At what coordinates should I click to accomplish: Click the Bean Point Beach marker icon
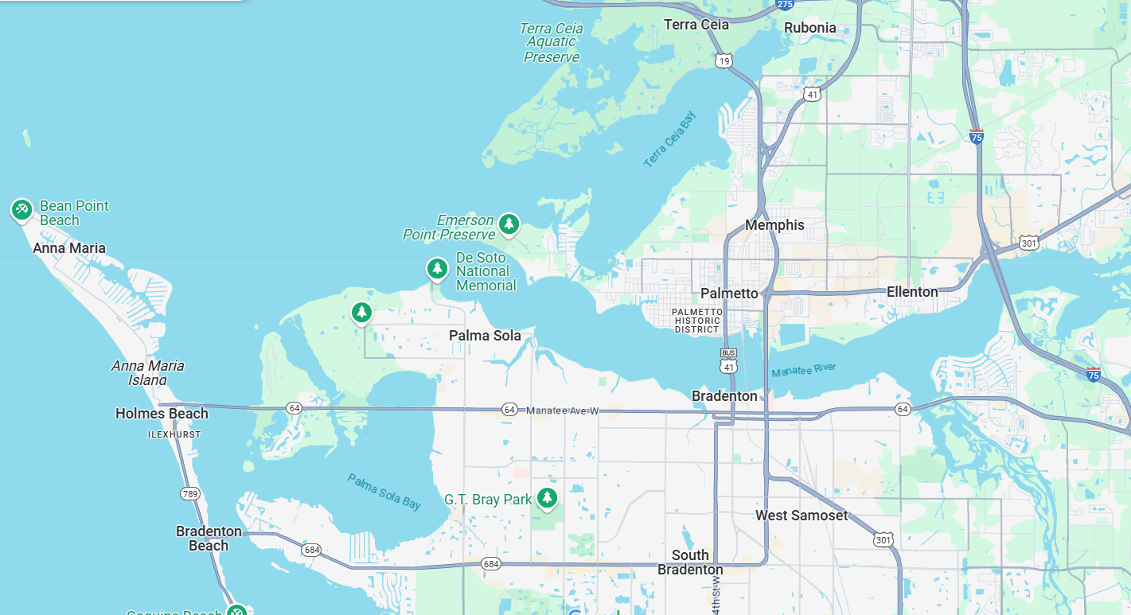[21, 209]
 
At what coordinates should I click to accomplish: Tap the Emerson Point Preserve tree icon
[509, 224]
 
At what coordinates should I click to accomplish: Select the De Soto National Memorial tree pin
[437, 269]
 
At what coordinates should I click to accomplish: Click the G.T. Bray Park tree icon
[546, 498]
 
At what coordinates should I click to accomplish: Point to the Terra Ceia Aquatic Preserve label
[552, 43]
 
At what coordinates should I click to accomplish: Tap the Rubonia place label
[809, 28]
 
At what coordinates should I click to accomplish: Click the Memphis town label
[774, 225]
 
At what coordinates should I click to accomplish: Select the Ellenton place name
[912, 292]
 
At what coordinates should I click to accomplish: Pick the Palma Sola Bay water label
[384, 491]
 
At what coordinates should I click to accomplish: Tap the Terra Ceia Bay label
[669, 139]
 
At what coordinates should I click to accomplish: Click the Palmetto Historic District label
[697, 321]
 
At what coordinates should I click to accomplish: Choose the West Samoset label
[801, 516]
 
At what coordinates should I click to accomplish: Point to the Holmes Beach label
[162, 414]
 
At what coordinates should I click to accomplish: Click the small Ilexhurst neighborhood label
[174, 435]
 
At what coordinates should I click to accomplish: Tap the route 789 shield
[189, 494]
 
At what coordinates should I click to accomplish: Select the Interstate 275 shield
[785, 5]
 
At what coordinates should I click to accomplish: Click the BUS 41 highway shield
[728, 360]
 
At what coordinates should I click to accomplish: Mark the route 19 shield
[723, 60]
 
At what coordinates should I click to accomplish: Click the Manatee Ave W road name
[562, 410]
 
